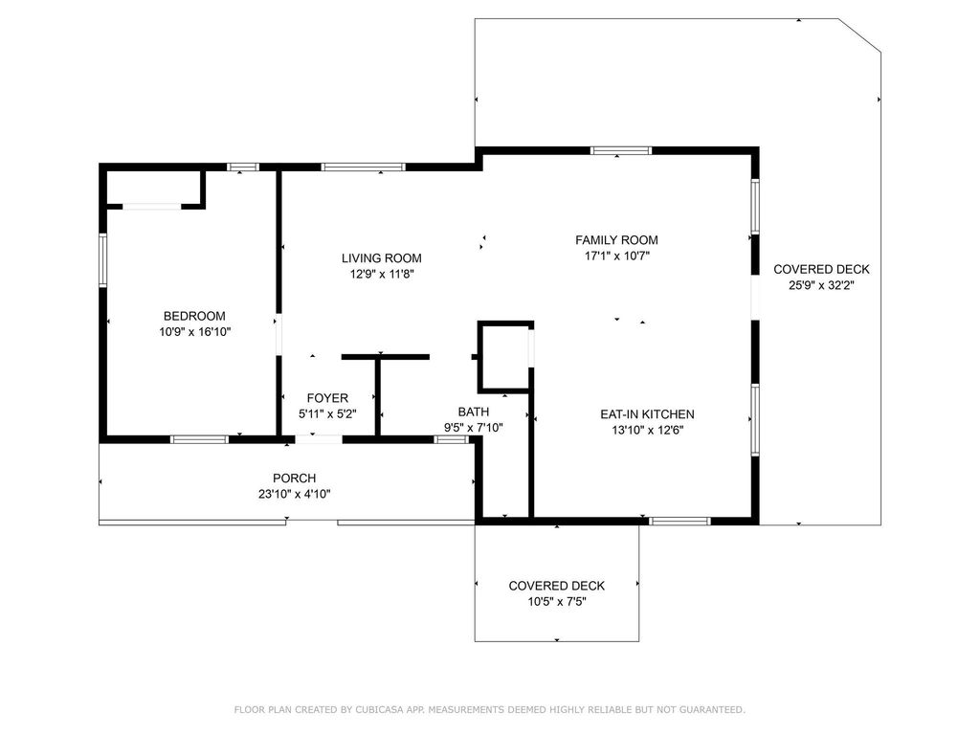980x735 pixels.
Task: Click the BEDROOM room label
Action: pos(194,317)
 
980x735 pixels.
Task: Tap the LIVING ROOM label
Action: pos(381,258)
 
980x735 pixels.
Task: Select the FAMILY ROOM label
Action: pos(616,240)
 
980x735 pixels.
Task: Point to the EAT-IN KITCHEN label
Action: pos(647,414)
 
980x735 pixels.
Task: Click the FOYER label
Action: pos(327,398)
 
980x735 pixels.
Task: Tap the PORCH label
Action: pos(294,479)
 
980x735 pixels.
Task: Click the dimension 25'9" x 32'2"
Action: pos(821,285)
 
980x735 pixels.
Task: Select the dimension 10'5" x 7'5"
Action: pos(556,602)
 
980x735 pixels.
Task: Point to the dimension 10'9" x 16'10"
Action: pos(195,332)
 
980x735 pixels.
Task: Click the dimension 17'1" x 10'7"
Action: pos(616,256)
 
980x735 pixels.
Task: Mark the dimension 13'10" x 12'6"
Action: pos(647,430)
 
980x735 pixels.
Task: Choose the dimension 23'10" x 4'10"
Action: pos(294,494)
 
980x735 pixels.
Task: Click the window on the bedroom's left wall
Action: pos(103,259)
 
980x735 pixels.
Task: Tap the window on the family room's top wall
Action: pos(620,150)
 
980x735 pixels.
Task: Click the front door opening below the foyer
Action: pos(318,439)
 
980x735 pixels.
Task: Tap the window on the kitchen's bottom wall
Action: pos(679,521)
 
